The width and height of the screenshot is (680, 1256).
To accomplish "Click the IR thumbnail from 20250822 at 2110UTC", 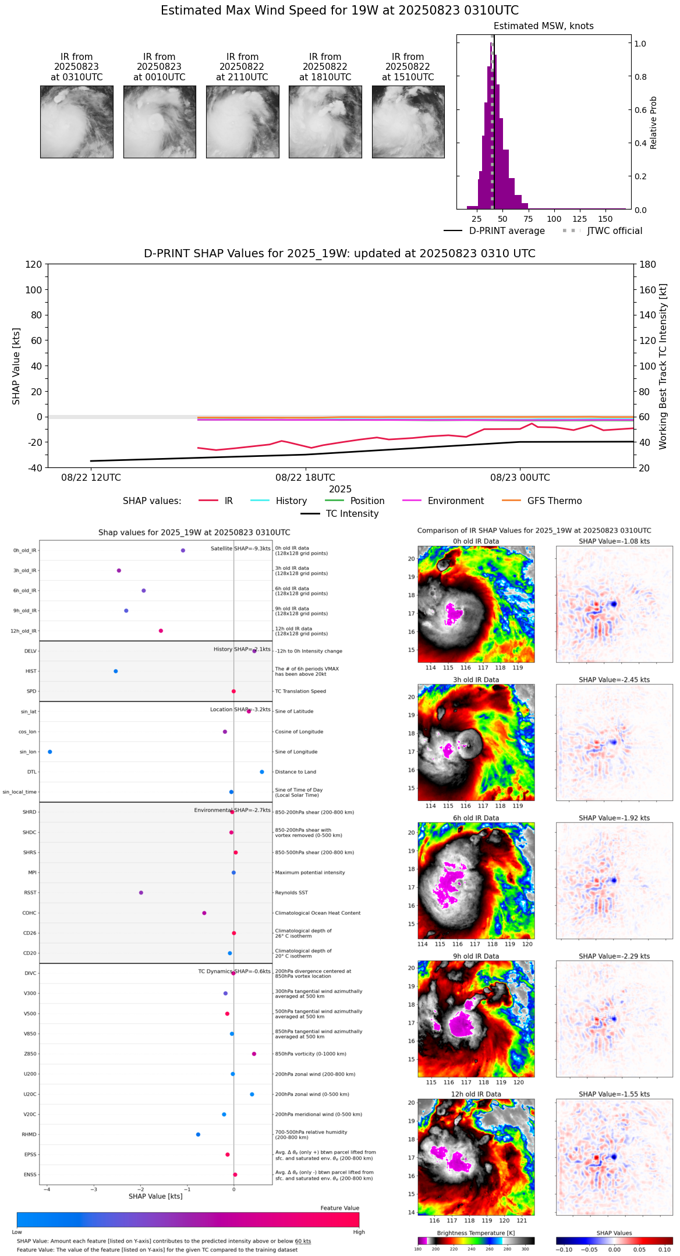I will click(242, 122).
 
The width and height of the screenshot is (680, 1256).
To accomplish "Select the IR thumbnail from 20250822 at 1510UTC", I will click(408, 122).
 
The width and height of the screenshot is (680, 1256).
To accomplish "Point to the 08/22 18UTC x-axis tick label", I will click(305, 478).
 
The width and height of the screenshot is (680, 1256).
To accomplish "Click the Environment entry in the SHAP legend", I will click(455, 501).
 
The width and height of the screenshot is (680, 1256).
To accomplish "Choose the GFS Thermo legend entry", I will click(554, 501).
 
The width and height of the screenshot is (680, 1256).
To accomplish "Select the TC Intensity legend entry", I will click(352, 514).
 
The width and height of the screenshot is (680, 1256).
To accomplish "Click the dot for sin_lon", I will click(50, 752).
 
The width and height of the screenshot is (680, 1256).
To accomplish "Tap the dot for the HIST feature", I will click(116, 671).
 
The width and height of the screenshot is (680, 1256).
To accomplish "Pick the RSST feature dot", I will click(141, 892).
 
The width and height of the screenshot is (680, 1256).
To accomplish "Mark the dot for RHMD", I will click(198, 1134).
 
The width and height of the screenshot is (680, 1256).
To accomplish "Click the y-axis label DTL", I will click(31, 772).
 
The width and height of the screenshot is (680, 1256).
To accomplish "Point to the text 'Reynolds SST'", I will click(291, 892).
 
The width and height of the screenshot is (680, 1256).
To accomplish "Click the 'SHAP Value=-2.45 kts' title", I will click(614, 680).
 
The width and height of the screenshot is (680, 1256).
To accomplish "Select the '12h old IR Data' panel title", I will click(476, 1094).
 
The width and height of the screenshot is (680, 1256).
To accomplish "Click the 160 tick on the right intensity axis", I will click(648, 290).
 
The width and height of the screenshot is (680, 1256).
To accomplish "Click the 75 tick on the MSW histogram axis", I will click(528, 219).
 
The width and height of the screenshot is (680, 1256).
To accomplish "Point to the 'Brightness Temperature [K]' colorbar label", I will click(476, 1233).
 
